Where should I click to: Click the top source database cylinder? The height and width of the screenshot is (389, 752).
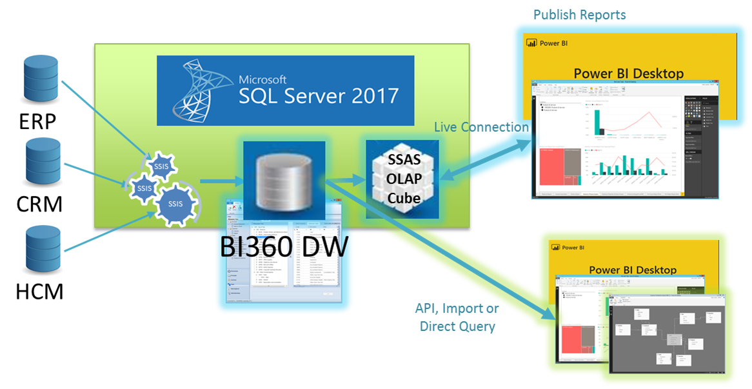[41, 80]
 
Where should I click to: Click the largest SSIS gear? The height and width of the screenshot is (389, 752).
[175, 204]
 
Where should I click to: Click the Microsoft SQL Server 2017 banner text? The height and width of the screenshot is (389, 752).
[318, 91]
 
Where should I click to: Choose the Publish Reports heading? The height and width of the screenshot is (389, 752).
[579, 14]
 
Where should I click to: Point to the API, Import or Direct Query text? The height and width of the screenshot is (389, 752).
[457, 317]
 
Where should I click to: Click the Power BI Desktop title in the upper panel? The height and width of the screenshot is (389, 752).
[628, 73]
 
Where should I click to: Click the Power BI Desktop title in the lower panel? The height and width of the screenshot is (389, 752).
[632, 270]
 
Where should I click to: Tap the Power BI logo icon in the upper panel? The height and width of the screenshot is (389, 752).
[532, 43]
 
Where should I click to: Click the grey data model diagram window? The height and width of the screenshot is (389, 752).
[668, 335]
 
